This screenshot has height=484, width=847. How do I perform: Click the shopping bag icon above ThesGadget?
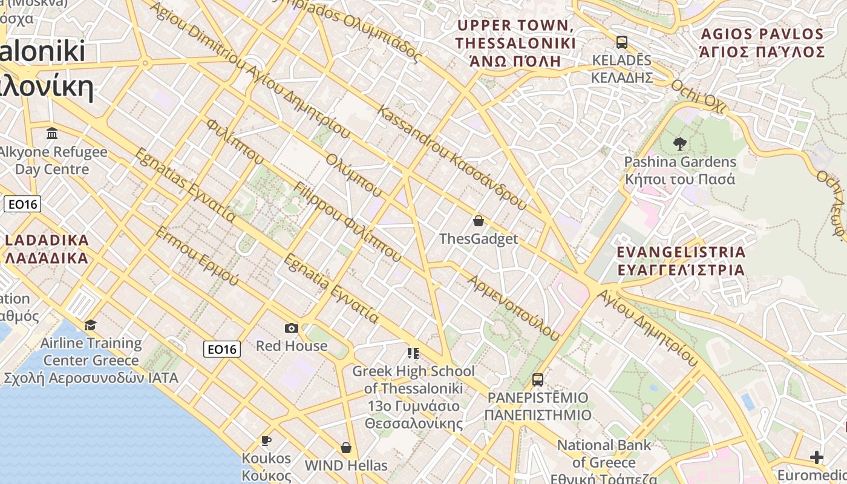[x=479, y=221]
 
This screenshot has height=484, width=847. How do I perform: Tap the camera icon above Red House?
[x=292, y=328]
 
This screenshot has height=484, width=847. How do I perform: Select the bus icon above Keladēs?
[x=622, y=42]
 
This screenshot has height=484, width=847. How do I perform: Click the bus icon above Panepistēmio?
[x=537, y=380]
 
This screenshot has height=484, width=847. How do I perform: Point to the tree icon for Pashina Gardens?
[x=680, y=144]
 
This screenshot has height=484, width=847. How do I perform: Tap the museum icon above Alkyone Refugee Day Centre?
[x=52, y=133]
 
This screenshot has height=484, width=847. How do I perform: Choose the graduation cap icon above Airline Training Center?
[x=91, y=325]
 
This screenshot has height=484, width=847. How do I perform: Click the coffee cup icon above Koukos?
[x=266, y=440]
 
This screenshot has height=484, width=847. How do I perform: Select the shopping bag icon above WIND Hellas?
[x=346, y=448]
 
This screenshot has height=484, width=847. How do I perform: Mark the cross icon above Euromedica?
[x=817, y=457]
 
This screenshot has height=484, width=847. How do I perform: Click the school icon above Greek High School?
[x=413, y=353]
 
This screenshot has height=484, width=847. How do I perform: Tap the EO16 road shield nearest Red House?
[x=221, y=349]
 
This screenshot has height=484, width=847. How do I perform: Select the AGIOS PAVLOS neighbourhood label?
[x=762, y=42]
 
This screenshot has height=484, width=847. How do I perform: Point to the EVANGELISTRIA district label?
[x=681, y=261]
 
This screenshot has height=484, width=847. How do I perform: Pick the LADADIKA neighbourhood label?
[x=47, y=249]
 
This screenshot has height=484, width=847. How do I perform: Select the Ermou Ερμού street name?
[x=197, y=256]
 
